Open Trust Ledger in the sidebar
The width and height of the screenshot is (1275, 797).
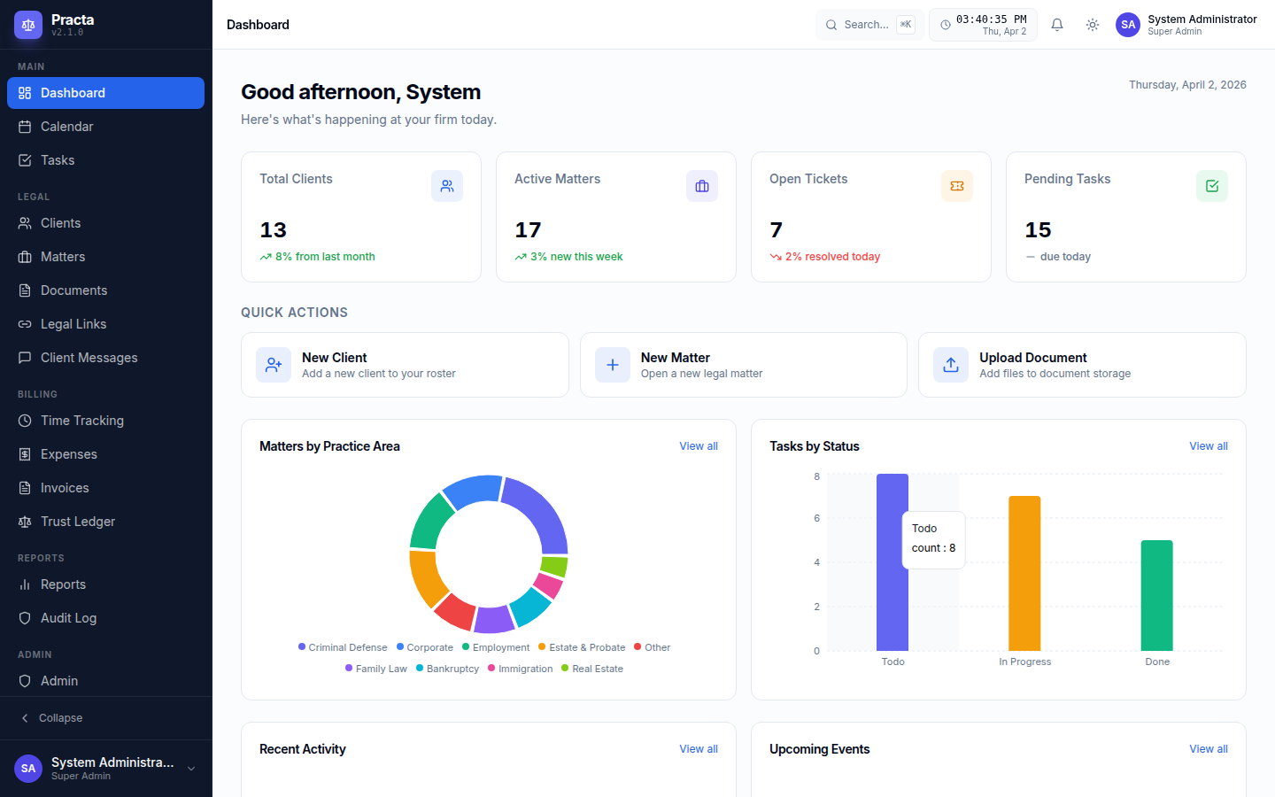[77, 522]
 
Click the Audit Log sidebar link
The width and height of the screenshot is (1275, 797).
[68, 618]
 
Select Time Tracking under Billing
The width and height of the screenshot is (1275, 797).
[81, 421]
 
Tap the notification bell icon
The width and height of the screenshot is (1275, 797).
[1057, 25]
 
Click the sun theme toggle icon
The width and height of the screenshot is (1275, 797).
[1093, 25]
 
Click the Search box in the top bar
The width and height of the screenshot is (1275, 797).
[868, 25]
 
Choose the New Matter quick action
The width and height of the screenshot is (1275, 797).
[743, 365]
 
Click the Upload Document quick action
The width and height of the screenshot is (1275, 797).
[1081, 365]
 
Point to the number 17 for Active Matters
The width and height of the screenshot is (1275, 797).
[529, 230]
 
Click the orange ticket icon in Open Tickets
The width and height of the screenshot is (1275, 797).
[956, 186]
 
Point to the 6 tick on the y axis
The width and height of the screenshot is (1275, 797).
[816, 518]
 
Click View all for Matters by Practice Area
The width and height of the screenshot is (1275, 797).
[699, 446]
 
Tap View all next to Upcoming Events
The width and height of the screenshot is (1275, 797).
[1208, 749]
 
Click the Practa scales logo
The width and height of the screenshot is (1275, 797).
[28, 25]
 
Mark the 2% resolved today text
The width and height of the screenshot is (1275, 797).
[832, 257]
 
